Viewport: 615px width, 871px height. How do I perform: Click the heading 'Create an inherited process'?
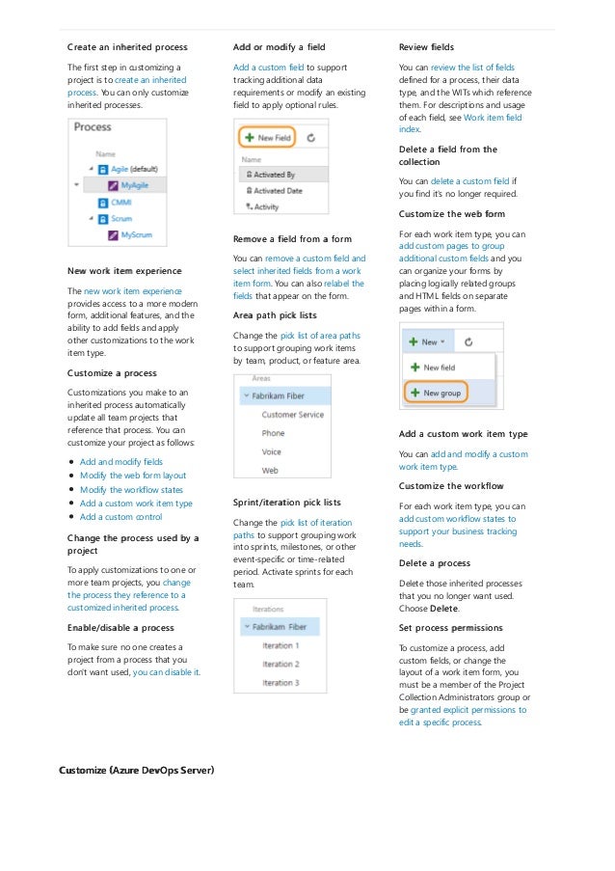[127, 46]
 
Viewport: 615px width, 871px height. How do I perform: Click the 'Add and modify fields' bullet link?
[120, 462]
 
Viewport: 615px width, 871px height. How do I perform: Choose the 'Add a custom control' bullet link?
[120, 516]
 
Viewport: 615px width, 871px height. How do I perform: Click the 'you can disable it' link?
[167, 671]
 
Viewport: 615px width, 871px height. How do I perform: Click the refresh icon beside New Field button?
[310, 138]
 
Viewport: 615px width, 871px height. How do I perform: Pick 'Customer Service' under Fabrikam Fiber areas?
[292, 415]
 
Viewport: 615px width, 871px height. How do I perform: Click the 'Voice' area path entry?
[272, 451]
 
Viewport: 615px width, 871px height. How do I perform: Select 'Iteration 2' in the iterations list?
[281, 664]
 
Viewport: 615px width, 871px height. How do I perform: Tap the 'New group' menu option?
[442, 393]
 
